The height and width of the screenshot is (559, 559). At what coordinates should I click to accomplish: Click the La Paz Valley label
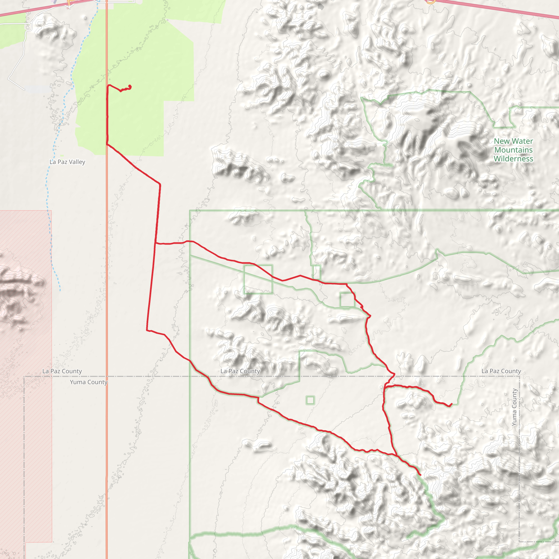pyautogui.click(x=67, y=162)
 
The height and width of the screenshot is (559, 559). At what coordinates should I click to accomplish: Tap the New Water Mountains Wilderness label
pyautogui.click(x=513, y=150)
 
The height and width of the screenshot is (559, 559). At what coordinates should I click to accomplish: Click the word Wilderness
pyautogui.click(x=513, y=159)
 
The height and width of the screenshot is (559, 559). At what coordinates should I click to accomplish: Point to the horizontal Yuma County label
pyautogui.click(x=88, y=382)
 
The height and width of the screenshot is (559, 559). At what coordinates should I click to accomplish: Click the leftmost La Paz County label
pyautogui.click(x=62, y=371)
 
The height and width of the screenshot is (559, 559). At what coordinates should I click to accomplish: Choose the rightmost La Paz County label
pyautogui.click(x=501, y=371)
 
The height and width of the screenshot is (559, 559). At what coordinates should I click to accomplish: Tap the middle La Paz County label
pyautogui.click(x=240, y=371)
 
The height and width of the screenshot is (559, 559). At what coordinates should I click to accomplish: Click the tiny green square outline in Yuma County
pyautogui.click(x=310, y=400)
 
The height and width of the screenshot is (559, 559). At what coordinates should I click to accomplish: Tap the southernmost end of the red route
pyautogui.click(x=420, y=475)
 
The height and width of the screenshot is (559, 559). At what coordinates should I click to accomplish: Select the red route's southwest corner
pyautogui.click(x=147, y=330)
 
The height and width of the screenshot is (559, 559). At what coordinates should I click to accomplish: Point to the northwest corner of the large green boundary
pyautogui.click(x=190, y=211)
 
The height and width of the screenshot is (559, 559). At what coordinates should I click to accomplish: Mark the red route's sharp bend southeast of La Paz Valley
pyautogui.click(x=160, y=184)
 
